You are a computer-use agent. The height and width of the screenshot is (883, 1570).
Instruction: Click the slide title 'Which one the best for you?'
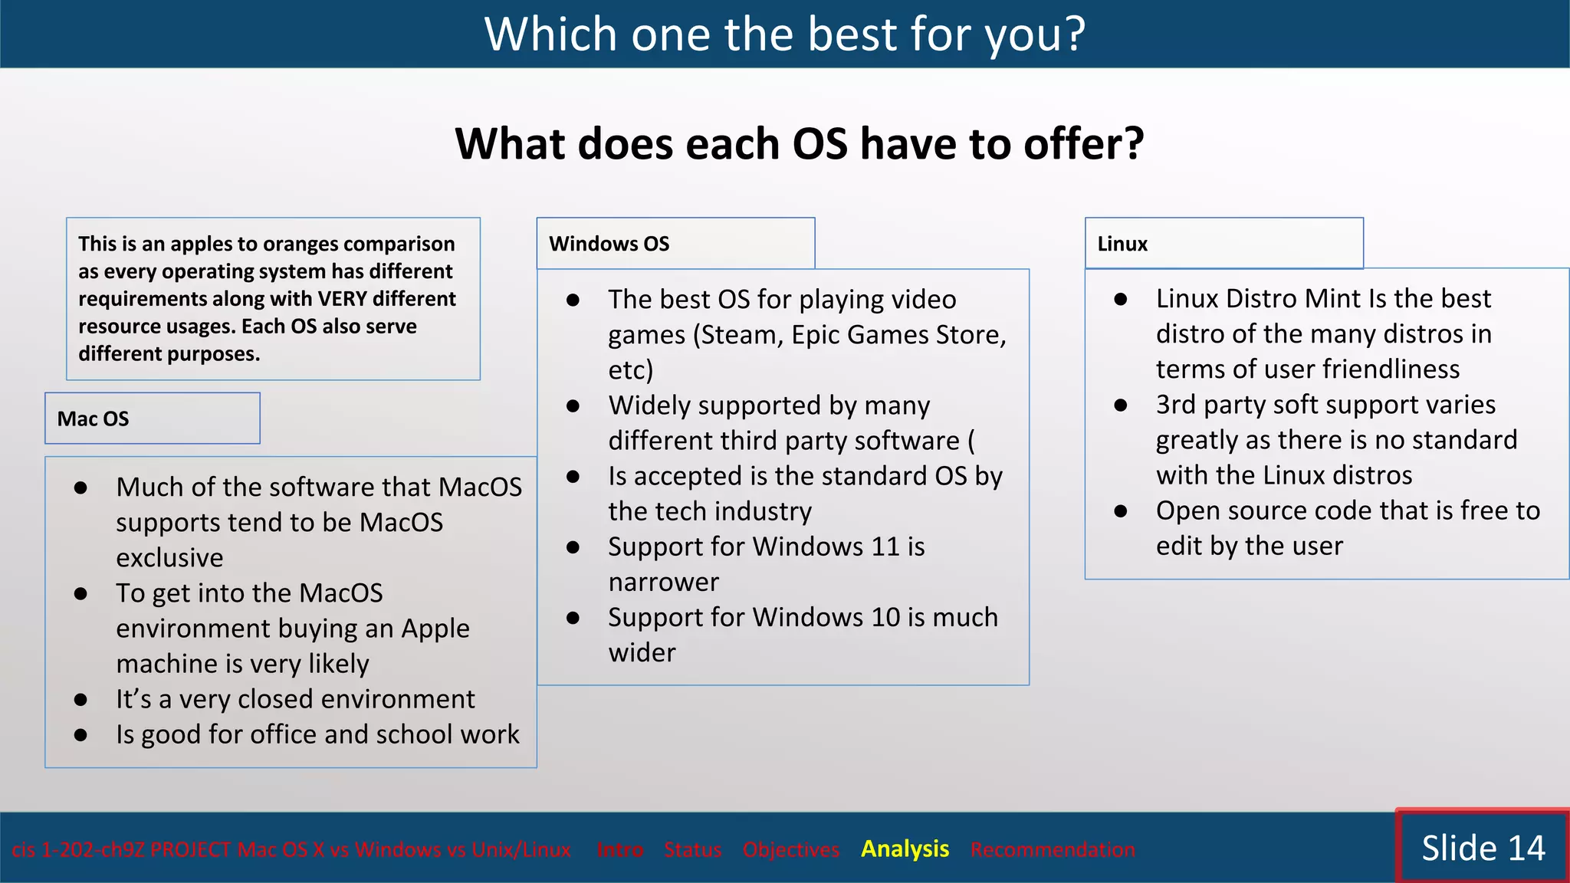[x=784, y=34]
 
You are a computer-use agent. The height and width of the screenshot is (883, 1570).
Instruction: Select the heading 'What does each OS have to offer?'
[x=799, y=144]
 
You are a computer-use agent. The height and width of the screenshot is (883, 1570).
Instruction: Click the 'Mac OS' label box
[x=152, y=419]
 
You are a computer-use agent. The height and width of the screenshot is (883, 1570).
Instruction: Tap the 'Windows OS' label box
[x=675, y=244]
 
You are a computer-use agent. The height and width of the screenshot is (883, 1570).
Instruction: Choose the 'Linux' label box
[x=1223, y=244]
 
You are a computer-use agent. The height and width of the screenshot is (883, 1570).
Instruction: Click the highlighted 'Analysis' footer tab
[x=905, y=849]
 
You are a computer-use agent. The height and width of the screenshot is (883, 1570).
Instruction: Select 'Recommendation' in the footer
[x=1053, y=849]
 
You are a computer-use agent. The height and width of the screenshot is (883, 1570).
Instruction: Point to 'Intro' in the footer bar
[x=619, y=849]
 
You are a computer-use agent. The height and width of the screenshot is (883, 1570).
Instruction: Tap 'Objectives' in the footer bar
[x=790, y=849]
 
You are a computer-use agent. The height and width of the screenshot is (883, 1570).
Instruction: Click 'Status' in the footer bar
[x=692, y=849]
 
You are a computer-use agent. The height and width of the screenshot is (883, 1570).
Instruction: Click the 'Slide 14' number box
[x=1483, y=848]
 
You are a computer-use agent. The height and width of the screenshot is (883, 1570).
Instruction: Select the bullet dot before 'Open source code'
[x=1121, y=511]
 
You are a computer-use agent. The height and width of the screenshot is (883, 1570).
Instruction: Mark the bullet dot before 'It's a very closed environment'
[x=80, y=700]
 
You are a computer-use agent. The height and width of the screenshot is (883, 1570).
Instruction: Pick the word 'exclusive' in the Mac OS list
[x=169, y=558]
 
